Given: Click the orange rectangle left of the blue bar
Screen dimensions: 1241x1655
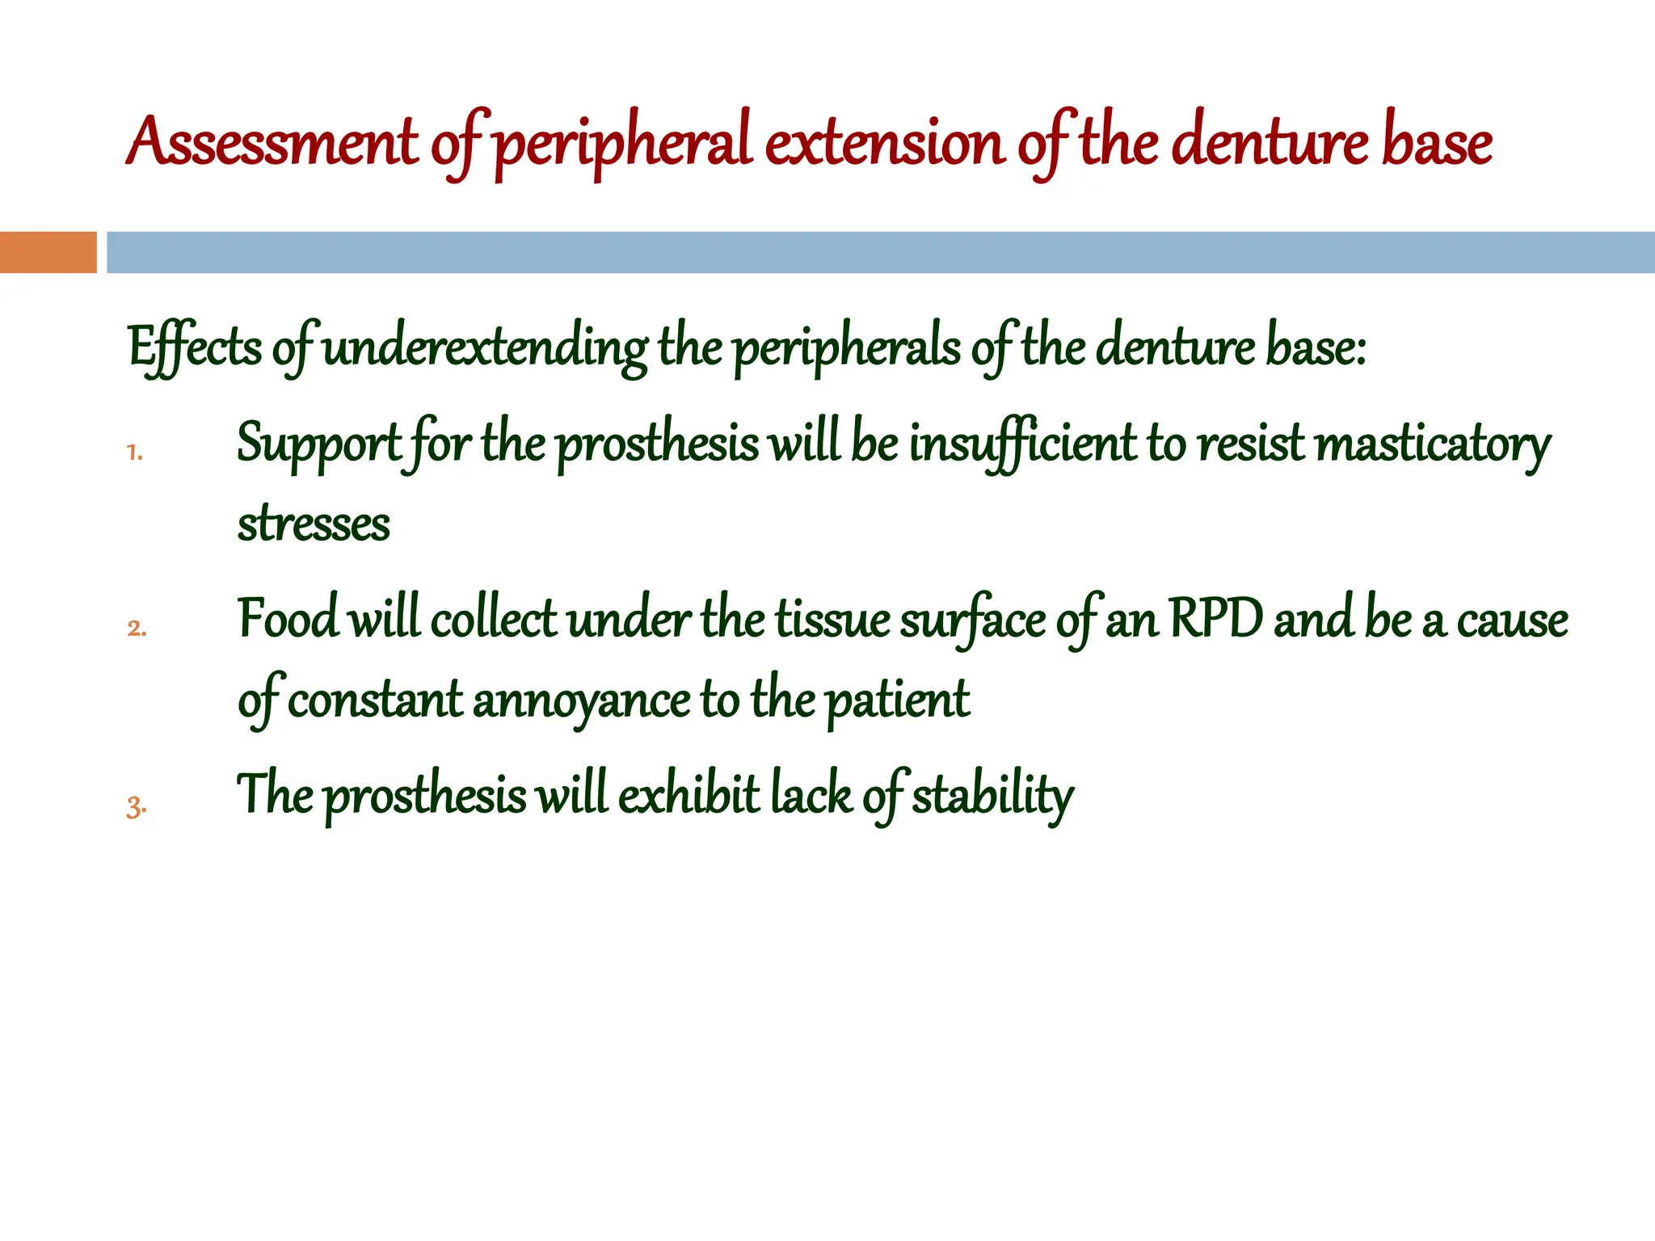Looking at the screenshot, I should tap(48, 252).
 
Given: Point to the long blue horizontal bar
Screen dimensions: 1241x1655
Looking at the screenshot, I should tap(880, 252).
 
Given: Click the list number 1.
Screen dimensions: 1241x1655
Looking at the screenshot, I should tap(134, 452).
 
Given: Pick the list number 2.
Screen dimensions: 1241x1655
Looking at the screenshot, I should tap(137, 628).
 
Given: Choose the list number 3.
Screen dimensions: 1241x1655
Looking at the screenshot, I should tap(136, 806).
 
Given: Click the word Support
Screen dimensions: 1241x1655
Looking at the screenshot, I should tap(318, 444).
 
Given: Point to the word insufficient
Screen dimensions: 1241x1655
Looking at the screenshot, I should tap(1023, 444).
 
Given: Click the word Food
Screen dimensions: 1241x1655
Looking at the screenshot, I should tap(287, 620).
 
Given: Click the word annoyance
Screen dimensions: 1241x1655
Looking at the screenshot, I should tap(581, 700).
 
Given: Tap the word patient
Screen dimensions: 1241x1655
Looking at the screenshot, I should tap(898, 700).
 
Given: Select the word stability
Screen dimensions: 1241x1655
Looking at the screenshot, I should tap(993, 796).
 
